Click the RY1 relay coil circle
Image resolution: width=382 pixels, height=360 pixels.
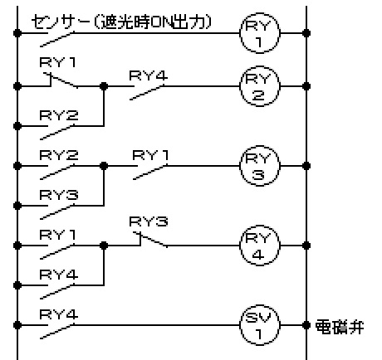pos(240,33)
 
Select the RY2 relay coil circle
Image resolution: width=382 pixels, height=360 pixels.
pos(240,86)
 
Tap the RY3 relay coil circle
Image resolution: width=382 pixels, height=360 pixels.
pos(240,166)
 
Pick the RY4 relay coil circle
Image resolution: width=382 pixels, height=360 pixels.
pos(240,246)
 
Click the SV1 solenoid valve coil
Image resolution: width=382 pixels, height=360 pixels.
pos(240,325)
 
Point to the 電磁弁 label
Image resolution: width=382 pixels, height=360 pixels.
pos(340,327)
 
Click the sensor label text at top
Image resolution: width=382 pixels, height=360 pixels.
pos(122,22)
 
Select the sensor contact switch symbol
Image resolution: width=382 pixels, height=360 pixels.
pos(57,39)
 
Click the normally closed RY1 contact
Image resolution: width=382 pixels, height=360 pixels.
pos(61,80)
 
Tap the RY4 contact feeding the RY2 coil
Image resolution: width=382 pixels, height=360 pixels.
pos(147,92)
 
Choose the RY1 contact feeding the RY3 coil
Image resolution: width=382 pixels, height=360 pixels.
pos(150,172)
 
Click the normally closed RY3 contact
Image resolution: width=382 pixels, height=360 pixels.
pos(151,240)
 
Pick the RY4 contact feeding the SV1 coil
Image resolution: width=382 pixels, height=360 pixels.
pos(57,331)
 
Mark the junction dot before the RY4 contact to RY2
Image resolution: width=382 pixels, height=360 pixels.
pos(104,86)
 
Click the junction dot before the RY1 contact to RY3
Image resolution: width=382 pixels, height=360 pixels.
pos(104,166)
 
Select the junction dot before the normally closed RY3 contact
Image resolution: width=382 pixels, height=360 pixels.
pos(104,246)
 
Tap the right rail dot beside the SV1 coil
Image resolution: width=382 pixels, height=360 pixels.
pos(306,325)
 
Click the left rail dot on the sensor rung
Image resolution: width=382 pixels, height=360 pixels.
pos(17,33)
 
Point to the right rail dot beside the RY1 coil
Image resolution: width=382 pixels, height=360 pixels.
pos(306,33)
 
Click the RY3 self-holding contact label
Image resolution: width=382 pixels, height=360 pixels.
pos(59,195)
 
